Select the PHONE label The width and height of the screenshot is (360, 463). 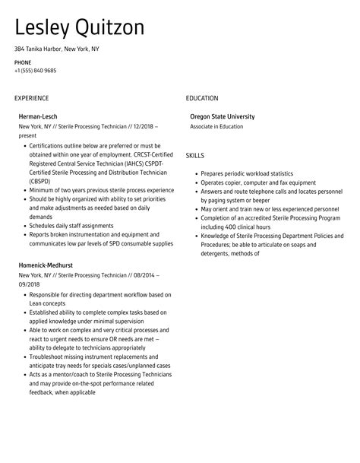(23, 62)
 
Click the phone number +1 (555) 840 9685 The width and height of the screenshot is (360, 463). (35, 71)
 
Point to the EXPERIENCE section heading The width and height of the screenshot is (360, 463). (31, 98)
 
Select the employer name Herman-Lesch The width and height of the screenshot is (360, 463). (38, 116)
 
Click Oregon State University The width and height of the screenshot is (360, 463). (222, 116)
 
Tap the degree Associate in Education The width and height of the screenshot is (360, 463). (216, 126)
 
